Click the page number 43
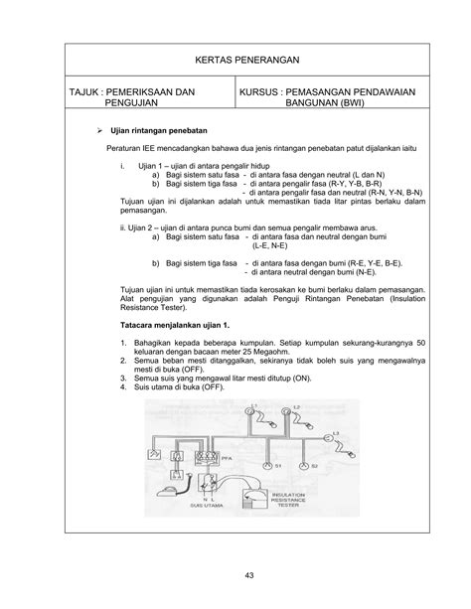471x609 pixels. point(235,573)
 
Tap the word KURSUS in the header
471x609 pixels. point(263,91)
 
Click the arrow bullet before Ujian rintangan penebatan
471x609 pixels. point(96,129)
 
